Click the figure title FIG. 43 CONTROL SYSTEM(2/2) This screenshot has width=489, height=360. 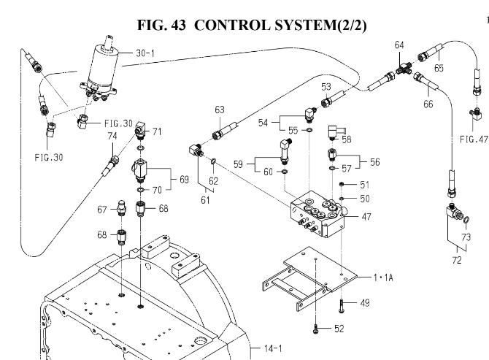coord(252,25)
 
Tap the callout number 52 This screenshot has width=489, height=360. coord(339,329)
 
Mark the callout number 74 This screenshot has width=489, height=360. coord(112,136)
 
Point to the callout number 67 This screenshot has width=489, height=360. coord(102,209)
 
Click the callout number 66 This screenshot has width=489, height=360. coord(428,104)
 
